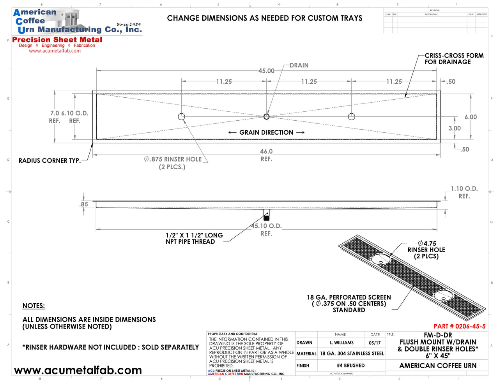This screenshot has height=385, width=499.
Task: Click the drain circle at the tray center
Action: click(267, 116)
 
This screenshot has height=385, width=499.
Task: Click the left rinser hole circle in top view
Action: click(181, 116)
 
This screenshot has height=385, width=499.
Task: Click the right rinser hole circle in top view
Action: click(352, 116)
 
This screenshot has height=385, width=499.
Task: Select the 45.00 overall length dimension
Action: click(266, 71)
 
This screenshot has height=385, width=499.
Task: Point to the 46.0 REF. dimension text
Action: click(266, 155)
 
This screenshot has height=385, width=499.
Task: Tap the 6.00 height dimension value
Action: click(471, 117)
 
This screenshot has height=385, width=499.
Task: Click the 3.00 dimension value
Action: click(455, 128)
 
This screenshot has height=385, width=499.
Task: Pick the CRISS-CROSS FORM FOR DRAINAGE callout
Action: click(454, 59)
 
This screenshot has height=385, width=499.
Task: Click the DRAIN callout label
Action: click(299, 65)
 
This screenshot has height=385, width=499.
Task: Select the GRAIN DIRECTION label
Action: click(266, 133)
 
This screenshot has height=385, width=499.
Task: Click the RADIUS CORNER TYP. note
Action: click(50, 161)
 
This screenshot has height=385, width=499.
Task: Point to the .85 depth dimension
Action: click(84, 204)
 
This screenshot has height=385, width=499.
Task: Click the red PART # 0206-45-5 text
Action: click(460, 327)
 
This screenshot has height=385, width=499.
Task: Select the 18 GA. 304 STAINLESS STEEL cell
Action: click(352, 353)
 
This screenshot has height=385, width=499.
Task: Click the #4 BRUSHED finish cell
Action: click(351, 366)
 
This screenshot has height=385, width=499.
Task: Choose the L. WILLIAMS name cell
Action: click(342, 343)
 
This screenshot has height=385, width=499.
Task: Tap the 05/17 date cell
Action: click(375, 343)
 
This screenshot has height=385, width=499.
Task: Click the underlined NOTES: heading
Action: click(34, 306)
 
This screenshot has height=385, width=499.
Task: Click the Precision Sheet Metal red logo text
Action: click(57, 40)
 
